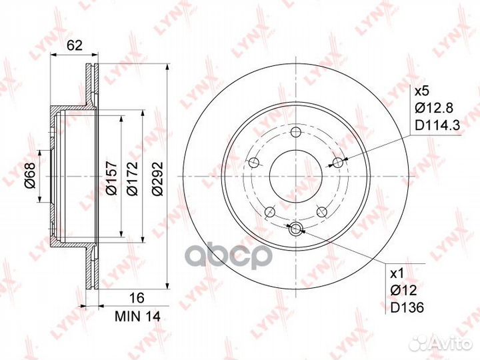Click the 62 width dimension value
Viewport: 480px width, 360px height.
coord(75,45)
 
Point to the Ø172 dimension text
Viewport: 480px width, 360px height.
coord(132,178)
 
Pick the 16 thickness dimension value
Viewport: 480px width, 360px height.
coord(137,297)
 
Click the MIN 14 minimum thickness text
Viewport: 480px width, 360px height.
coord(137,317)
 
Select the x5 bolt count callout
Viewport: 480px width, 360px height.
coord(423,91)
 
